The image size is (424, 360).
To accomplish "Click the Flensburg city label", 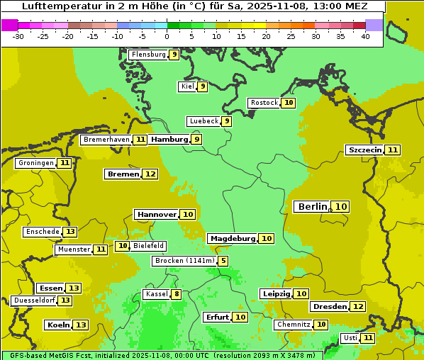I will click(148, 55).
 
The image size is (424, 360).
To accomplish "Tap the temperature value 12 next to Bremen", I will click(150, 174).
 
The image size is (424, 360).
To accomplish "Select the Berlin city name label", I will click(312, 207).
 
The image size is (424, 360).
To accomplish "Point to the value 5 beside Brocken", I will click(223, 261).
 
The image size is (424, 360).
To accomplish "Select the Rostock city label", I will click(264, 103).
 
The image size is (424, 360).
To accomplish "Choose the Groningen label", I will click(35, 163).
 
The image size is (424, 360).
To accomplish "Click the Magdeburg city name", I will click(232, 239).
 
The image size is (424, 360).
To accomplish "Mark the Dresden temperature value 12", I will click(358, 307).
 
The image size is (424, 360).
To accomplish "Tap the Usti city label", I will click(350, 338).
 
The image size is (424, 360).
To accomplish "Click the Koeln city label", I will click(57, 325).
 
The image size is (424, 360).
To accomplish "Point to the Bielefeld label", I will click(148, 246).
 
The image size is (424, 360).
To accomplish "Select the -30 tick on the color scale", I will click(18, 36).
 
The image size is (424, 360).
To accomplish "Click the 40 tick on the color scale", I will click(365, 36).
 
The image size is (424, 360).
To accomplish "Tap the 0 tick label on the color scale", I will click(167, 36).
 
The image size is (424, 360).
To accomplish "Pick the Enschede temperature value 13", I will click(70, 232).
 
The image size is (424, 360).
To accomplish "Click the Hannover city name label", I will click(157, 214).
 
